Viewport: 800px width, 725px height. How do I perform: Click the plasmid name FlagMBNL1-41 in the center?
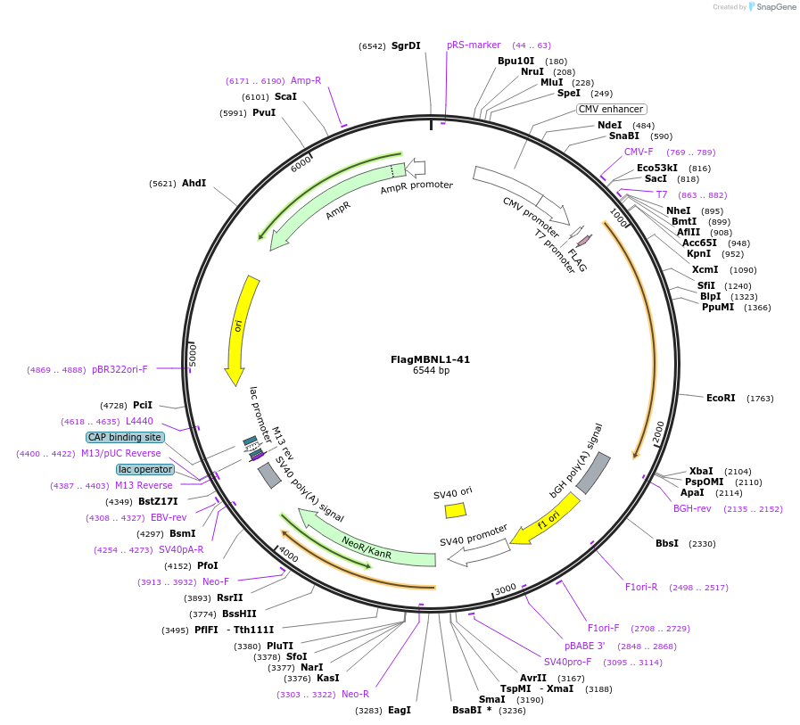click(430, 359)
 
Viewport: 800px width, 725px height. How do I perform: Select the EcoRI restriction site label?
click(721, 398)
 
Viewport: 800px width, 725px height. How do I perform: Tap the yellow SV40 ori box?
click(455, 510)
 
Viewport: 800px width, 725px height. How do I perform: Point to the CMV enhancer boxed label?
click(611, 109)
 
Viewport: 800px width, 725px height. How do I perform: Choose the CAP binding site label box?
click(125, 437)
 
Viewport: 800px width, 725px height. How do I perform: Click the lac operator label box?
click(144, 469)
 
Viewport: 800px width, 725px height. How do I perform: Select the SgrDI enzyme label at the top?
click(406, 45)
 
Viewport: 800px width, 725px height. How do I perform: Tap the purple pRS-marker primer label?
click(474, 45)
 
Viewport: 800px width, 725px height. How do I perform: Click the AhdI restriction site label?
click(194, 183)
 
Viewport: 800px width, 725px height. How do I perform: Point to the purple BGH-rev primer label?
click(692, 508)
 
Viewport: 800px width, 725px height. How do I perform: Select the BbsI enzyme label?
click(667, 543)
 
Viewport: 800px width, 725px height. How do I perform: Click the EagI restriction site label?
click(400, 710)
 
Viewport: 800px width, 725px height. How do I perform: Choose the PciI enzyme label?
click(143, 405)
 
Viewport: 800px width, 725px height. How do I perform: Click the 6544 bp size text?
click(431, 371)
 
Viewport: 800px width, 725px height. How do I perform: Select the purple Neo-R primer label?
click(355, 694)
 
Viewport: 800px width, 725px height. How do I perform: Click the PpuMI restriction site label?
click(718, 307)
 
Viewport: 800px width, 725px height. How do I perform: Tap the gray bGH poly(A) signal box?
click(593, 473)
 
